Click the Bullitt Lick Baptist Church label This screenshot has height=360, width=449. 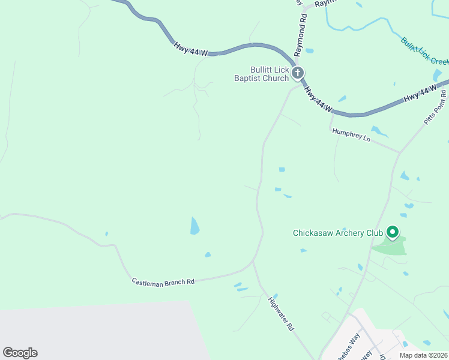coord(262,74)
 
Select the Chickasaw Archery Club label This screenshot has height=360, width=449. coord(337,233)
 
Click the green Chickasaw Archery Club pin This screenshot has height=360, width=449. coord(393,232)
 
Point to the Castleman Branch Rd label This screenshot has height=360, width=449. coord(164,281)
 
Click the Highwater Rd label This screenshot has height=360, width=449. coord(281,314)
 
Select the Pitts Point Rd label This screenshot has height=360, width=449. coord(435,108)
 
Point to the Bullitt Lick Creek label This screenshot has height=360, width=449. coord(425,52)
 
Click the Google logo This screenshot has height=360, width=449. coord(20,353)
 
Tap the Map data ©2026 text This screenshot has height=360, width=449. coord(423,355)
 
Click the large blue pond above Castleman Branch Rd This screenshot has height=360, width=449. coord(194,226)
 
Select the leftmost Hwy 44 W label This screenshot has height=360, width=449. coord(190,49)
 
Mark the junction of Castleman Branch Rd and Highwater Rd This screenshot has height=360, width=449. coord(253,262)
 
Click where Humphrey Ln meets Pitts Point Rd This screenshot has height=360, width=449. coord(399,152)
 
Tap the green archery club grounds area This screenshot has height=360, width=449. coord(390,246)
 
